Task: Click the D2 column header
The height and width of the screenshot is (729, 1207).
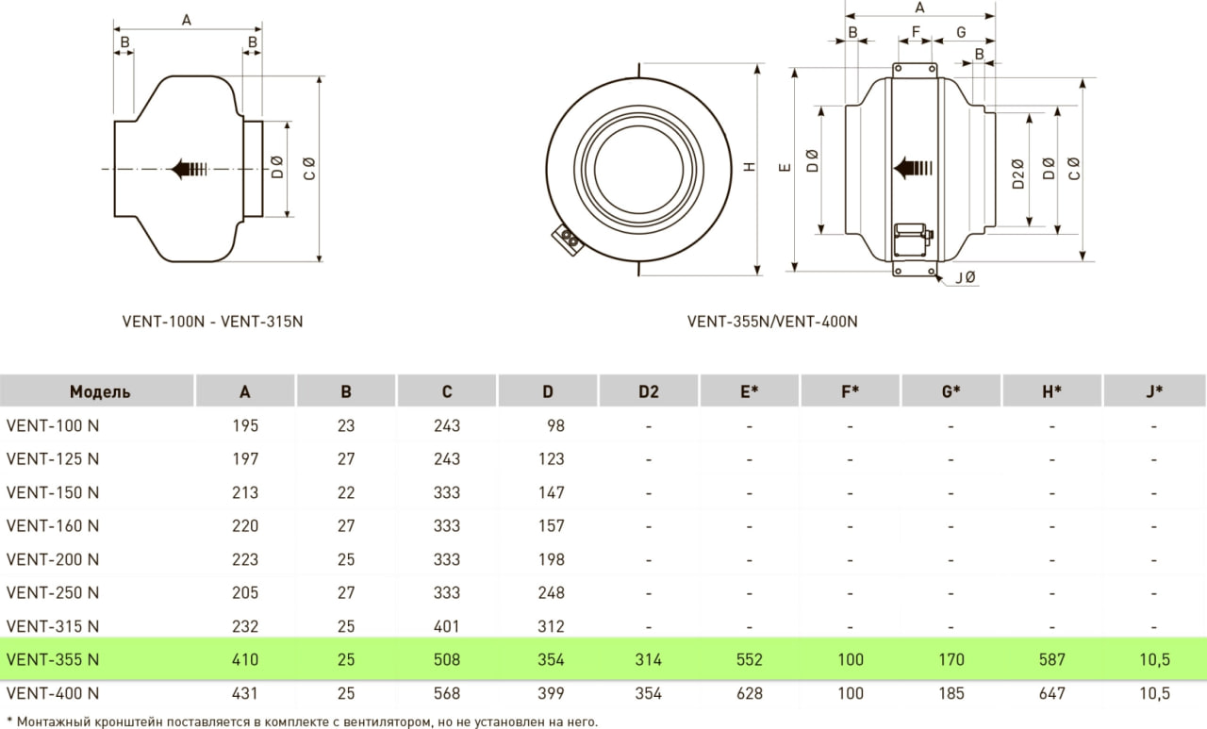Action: (648, 391)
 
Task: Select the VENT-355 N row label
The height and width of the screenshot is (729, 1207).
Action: (53, 659)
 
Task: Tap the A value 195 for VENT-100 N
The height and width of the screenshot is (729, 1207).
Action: (245, 425)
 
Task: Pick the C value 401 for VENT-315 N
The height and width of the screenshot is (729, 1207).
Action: (447, 626)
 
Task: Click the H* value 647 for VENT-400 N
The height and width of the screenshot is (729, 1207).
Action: (1051, 693)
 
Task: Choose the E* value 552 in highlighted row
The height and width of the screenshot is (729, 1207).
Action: (749, 659)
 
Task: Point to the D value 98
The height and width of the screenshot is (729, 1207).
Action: (555, 425)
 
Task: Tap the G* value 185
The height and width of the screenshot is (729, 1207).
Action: (951, 693)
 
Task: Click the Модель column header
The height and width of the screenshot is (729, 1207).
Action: (100, 391)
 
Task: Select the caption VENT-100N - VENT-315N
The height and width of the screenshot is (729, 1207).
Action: (212, 322)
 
